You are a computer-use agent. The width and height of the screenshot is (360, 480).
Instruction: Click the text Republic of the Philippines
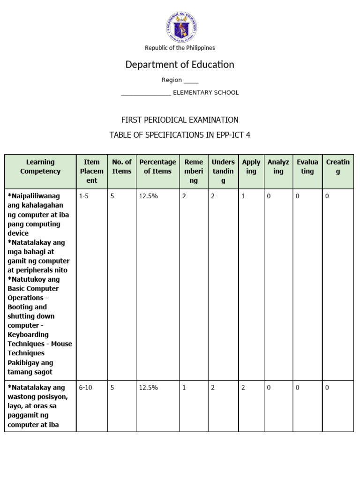point(180,48)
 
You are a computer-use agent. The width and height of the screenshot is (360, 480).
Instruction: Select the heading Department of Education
point(180,65)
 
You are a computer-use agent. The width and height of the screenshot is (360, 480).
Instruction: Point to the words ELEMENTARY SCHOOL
point(206,93)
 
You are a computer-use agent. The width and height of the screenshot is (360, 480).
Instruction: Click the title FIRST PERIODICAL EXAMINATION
point(180,120)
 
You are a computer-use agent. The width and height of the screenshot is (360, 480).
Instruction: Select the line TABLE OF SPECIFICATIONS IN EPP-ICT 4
point(180,135)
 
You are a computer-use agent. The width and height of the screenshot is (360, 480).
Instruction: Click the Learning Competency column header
point(40,167)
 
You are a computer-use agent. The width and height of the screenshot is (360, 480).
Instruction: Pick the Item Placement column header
point(92,171)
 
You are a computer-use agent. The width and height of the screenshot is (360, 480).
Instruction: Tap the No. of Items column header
point(122,167)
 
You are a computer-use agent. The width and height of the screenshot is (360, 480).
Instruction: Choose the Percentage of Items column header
point(157,167)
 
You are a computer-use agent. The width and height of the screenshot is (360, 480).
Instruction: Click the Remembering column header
point(194,171)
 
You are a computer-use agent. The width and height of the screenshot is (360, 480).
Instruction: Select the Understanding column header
point(223,171)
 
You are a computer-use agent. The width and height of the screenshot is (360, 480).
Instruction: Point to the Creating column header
point(338,167)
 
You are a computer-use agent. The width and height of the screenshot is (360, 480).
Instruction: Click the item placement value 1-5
point(84,196)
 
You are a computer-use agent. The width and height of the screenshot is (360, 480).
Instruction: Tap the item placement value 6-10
point(85,388)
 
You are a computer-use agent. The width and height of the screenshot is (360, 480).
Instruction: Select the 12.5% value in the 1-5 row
point(149,196)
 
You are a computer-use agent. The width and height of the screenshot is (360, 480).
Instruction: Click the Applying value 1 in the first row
point(243,196)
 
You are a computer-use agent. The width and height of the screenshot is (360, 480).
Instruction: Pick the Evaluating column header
point(307,167)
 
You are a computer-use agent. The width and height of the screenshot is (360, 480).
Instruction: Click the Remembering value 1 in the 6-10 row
point(184,388)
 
